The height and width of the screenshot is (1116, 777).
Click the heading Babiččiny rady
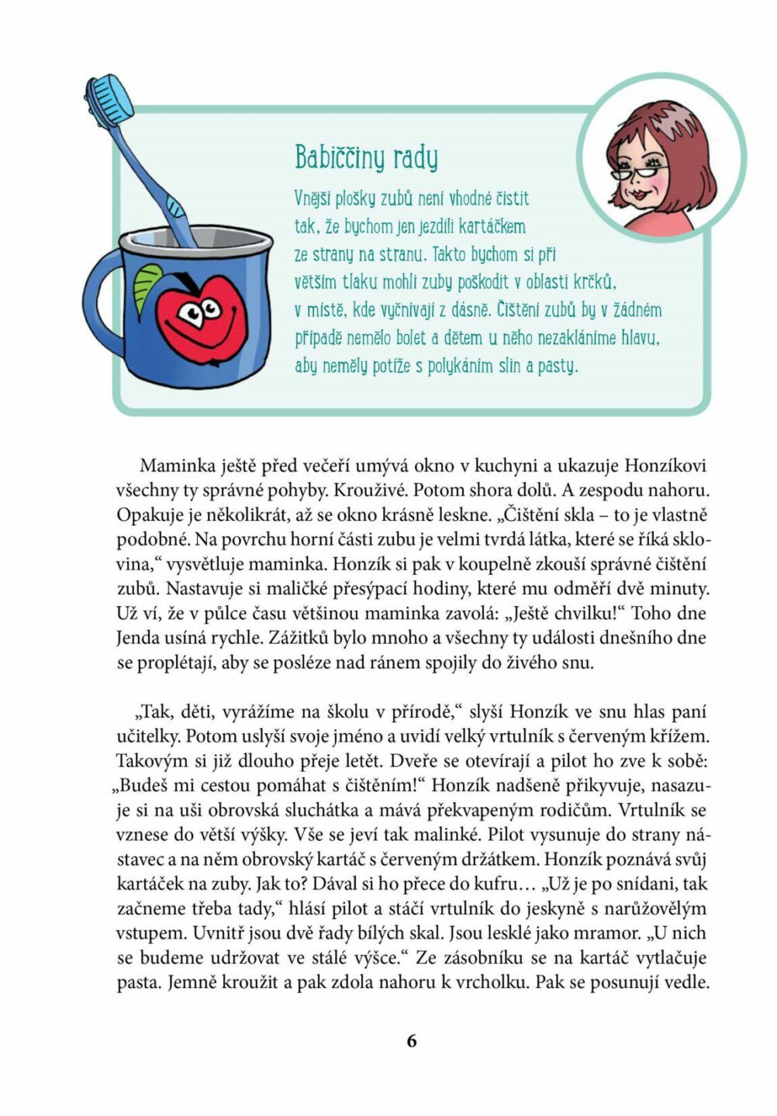tap(366, 157)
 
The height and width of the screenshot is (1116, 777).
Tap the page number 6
tap(411, 1041)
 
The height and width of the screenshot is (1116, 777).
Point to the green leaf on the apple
tap(147, 284)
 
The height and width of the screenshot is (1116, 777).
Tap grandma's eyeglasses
tap(637, 169)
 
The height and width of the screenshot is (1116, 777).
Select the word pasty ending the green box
tap(558, 366)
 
